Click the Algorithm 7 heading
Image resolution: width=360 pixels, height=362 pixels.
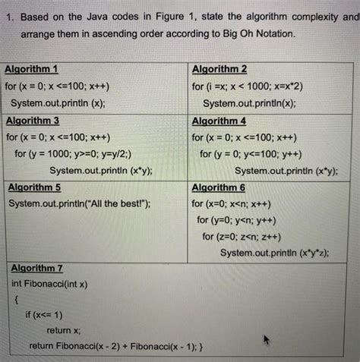tap(37, 268)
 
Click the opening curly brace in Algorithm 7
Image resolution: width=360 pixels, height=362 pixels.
tap(16, 299)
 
